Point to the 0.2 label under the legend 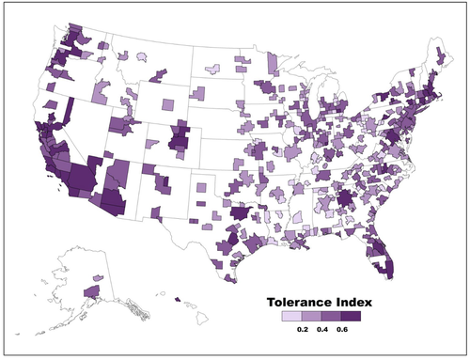pyautogui.click(x=304, y=331)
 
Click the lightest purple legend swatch pyautogui.click(x=292, y=318)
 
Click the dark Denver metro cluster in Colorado pyautogui.click(x=177, y=142)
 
